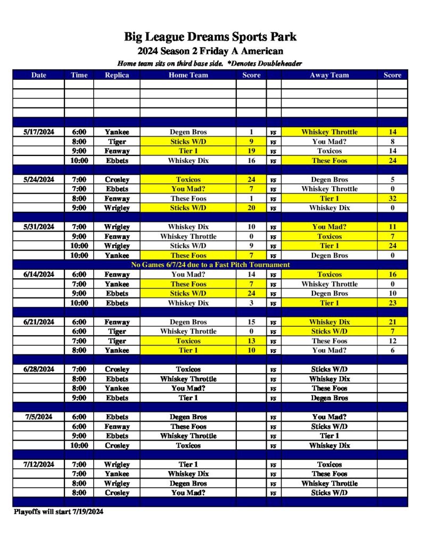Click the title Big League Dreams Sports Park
pos(210,37)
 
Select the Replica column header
pos(117,75)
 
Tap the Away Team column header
pos(329,75)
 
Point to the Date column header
pos(39,75)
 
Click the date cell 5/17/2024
pos(39,132)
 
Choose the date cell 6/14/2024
pos(39,275)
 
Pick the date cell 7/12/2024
pos(39,465)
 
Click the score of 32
pos(392,199)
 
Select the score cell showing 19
pos(251,151)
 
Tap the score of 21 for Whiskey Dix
pos(392,322)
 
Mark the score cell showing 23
pos(392,303)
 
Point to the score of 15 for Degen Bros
pos(251,322)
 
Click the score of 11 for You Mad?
pos(392,227)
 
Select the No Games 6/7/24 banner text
pos(210,265)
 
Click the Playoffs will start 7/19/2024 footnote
pos(59,512)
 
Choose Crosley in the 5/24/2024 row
pos(117,179)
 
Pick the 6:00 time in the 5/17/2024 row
pos(79,132)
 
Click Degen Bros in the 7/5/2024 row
pos(188,417)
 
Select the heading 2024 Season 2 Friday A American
pos(210,51)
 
